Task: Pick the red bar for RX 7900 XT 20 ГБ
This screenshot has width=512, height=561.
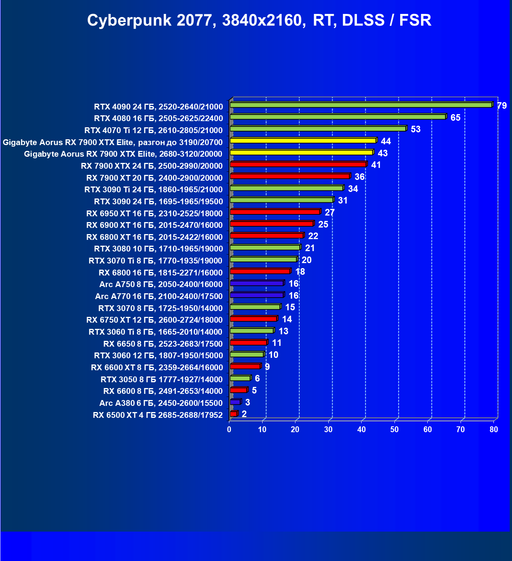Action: (x=290, y=176)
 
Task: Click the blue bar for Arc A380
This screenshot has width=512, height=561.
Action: (x=235, y=402)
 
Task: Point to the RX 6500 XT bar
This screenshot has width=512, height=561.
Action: (x=234, y=414)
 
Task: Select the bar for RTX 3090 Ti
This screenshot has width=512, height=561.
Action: (x=286, y=188)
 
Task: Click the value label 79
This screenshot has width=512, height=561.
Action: (x=502, y=106)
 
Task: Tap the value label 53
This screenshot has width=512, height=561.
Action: (x=415, y=129)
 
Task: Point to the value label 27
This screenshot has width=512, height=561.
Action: (x=329, y=212)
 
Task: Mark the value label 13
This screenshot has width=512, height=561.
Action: (x=283, y=331)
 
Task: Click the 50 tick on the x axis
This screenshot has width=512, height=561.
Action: (x=394, y=429)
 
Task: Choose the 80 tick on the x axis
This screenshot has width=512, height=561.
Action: (x=494, y=429)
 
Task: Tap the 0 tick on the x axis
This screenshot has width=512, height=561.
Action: (x=229, y=429)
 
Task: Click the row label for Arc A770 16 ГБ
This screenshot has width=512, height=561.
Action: (x=159, y=296)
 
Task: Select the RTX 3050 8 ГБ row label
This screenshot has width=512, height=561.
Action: (x=161, y=380)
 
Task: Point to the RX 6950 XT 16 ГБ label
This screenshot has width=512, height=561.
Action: (x=154, y=214)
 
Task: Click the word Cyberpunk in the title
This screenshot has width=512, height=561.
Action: (x=129, y=21)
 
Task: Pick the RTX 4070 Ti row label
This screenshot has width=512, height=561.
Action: (x=153, y=130)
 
